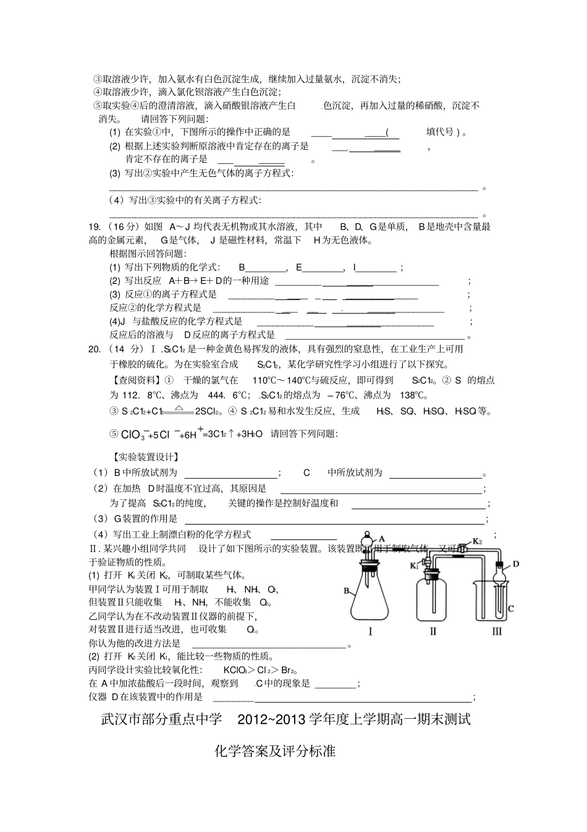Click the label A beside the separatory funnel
(382, 539)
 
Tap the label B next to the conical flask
(347, 591)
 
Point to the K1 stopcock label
(413, 565)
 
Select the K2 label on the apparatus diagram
(476, 541)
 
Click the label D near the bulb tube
(515, 564)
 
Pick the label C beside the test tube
(511, 609)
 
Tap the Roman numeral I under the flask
(370, 631)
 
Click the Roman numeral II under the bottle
(433, 631)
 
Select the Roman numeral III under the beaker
(497, 631)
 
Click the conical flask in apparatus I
(370, 597)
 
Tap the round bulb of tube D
(500, 575)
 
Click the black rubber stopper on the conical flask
(369, 564)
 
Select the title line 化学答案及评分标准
(275, 751)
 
